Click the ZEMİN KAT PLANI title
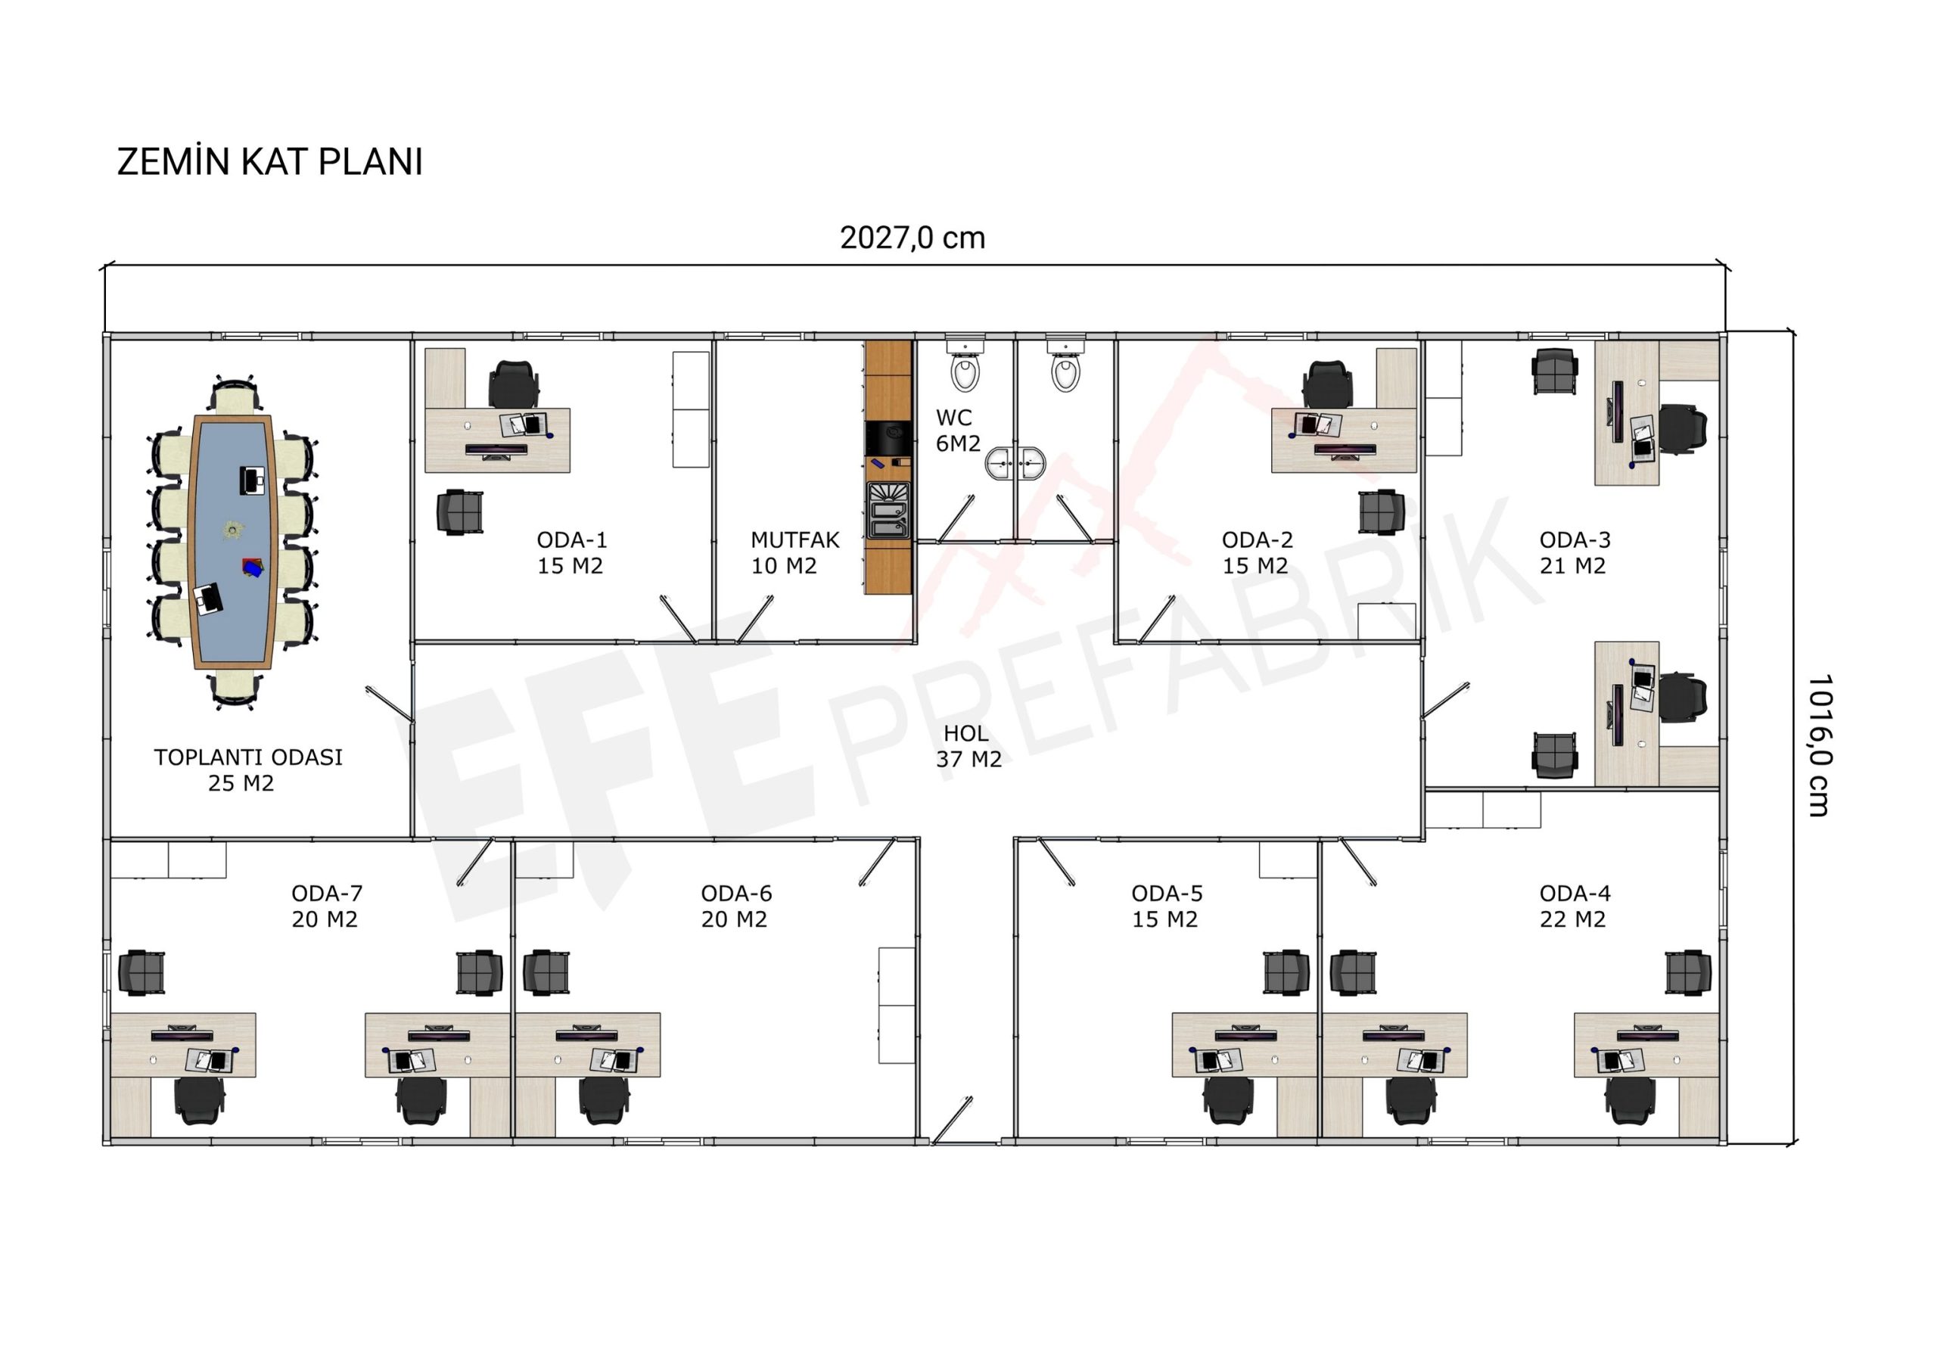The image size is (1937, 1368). tap(269, 161)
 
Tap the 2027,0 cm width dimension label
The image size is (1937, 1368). tap(912, 238)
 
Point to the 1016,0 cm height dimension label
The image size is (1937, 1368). tap(1819, 745)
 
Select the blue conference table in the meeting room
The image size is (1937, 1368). tap(232, 543)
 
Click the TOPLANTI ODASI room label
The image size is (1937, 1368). tap(248, 757)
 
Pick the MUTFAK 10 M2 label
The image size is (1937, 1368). tap(794, 552)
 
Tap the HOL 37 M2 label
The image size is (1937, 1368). tap(968, 745)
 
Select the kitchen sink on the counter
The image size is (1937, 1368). tap(888, 510)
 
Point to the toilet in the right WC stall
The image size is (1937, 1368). tap(1065, 365)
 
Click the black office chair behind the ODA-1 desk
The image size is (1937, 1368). tap(514, 384)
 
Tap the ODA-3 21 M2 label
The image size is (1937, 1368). tap(1575, 552)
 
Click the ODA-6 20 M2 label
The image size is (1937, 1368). tap(735, 906)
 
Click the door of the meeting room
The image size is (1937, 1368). tap(389, 705)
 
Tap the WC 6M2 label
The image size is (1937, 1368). tap(958, 430)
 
